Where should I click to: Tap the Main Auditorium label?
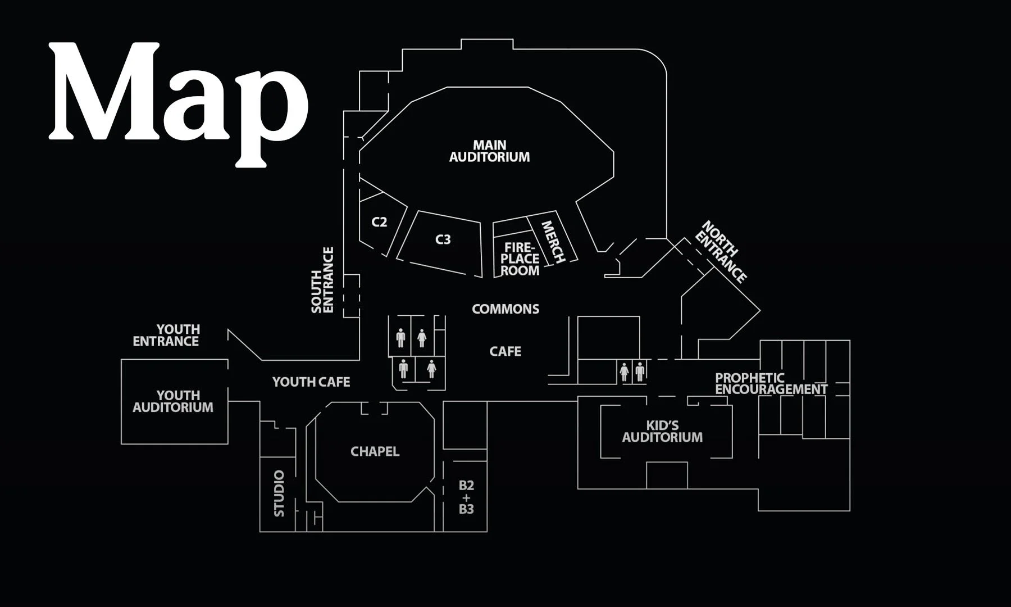point(489,151)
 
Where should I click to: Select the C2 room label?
point(379,222)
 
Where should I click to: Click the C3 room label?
point(443,239)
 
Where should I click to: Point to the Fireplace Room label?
point(520,259)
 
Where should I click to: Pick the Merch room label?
point(552,242)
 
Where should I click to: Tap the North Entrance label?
point(721,251)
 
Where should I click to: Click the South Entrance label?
point(322,280)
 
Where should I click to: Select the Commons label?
point(505,309)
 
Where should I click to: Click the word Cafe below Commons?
point(505,352)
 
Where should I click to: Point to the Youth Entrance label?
point(166,336)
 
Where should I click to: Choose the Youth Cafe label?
point(311,382)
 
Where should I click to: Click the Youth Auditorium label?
point(173,401)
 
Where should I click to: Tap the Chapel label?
point(375,452)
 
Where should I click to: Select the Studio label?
point(279,493)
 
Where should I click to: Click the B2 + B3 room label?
point(466,497)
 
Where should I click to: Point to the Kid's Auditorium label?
point(662,431)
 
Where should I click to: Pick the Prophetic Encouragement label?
point(771,383)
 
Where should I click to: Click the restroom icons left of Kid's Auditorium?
point(632,372)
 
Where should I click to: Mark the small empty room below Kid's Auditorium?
point(667,475)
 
